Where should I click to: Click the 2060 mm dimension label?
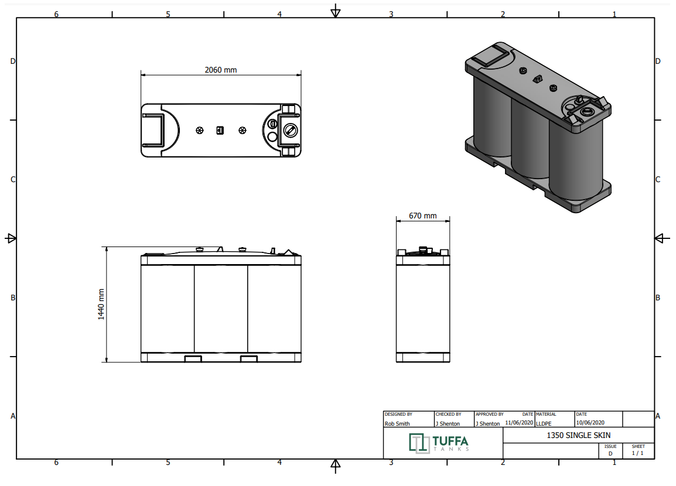221,70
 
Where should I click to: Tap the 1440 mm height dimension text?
101,304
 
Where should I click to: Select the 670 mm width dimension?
422,215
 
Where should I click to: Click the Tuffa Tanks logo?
439,443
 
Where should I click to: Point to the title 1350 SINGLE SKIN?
579,435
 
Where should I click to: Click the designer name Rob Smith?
397,423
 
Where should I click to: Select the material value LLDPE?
544,423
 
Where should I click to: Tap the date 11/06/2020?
519,423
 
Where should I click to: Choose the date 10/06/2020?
590,423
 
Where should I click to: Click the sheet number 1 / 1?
637,453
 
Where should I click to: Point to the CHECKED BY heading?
448,414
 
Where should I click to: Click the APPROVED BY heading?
489,414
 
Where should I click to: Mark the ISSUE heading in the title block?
610,446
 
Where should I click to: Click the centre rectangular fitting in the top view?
220,130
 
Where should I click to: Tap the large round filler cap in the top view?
291,130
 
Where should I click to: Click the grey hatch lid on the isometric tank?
490,54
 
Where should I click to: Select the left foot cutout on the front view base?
193,359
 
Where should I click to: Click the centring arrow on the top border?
336,11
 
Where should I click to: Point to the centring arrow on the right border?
662,238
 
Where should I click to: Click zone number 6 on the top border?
56,14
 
